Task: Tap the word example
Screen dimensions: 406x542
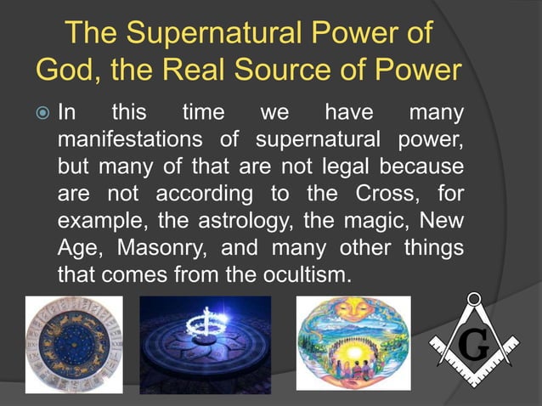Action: [x=92, y=220]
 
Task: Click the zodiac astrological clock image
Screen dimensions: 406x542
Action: [x=73, y=344]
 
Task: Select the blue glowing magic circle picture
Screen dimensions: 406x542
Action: [x=205, y=344]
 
